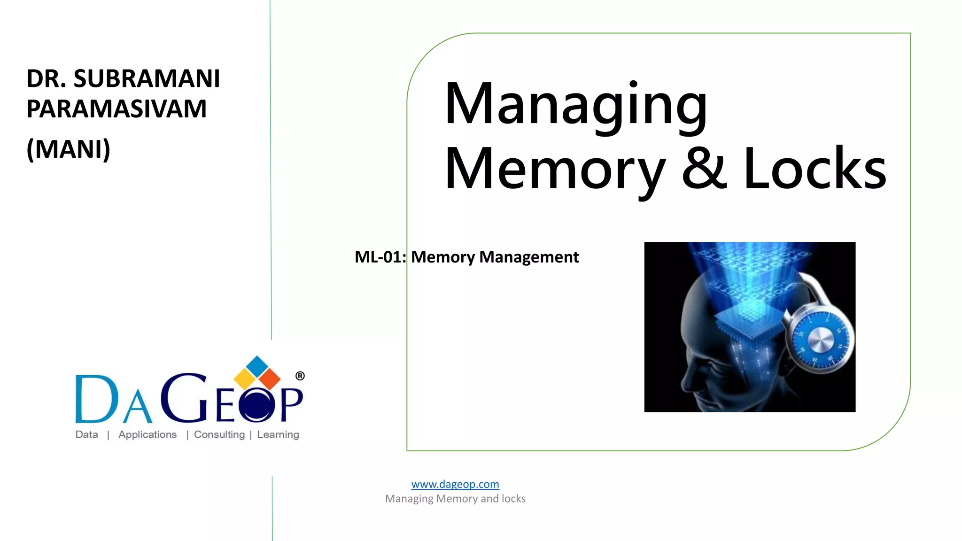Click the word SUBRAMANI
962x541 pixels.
click(147, 78)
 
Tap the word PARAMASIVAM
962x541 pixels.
click(116, 109)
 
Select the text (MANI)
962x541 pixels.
click(69, 149)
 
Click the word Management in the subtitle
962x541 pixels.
click(529, 257)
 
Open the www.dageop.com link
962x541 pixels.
click(455, 484)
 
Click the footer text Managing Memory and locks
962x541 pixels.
click(455, 499)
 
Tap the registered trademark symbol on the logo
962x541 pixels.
click(300, 376)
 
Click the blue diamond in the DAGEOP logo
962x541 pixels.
click(257, 365)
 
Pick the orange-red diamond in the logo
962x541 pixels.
click(269, 379)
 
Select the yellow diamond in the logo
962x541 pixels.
click(244, 379)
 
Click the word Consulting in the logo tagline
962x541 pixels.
click(219, 434)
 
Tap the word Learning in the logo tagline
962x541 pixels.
click(278, 434)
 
